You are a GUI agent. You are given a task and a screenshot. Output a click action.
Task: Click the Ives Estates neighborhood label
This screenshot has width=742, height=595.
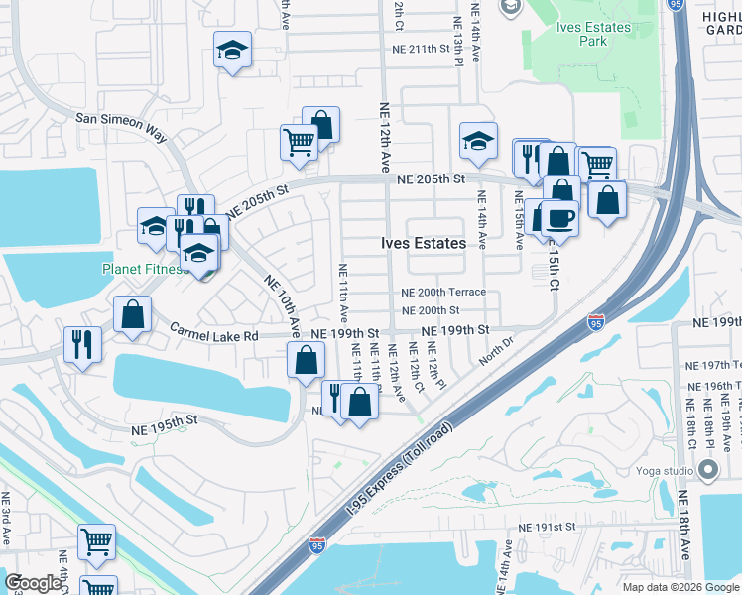tap(424, 243)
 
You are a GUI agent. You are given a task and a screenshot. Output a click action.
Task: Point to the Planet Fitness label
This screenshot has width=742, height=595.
tap(144, 269)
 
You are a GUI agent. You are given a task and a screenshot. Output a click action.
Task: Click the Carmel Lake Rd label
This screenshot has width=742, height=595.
tap(213, 334)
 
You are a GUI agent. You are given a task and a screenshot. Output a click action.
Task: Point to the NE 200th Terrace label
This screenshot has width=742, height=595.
tap(443, 292)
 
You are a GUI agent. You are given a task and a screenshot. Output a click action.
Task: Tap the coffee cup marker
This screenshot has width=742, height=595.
tap(559, 219)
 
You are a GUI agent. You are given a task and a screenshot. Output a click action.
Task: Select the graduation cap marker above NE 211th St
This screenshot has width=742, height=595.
tap(233, 51)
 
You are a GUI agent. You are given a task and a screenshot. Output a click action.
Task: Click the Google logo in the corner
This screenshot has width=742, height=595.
tap(34, 583)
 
